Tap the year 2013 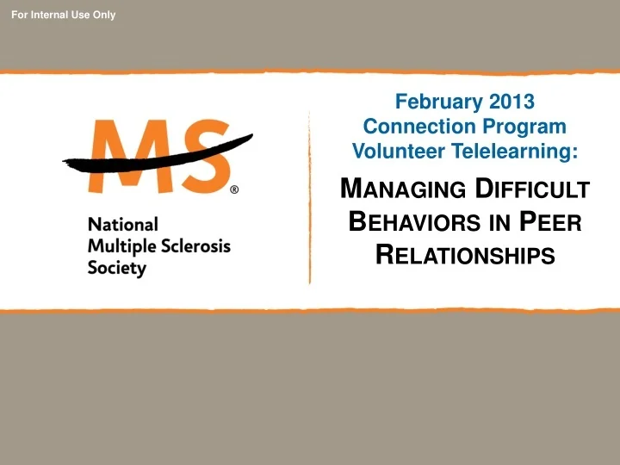tap(512, 102)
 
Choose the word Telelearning tap(509, 152)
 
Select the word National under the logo tap(123, 224)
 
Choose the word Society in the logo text tap(117, 268)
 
